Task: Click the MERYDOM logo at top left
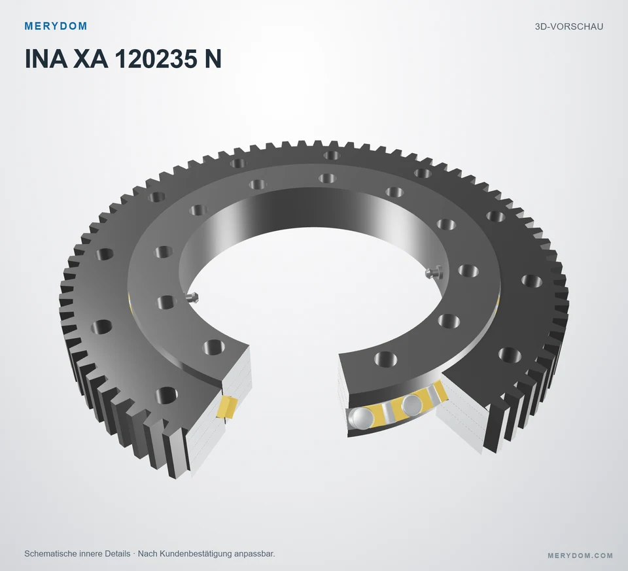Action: [x=56, y=26]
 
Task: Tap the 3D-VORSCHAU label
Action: [x=568, y=26]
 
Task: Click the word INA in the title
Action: [x=46, y=59]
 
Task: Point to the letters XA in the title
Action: [x=91, y=59]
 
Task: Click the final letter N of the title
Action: [x=213, y=59]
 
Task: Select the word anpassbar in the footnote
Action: [x=254, y=554]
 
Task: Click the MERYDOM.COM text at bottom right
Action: [x=580, y=555]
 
